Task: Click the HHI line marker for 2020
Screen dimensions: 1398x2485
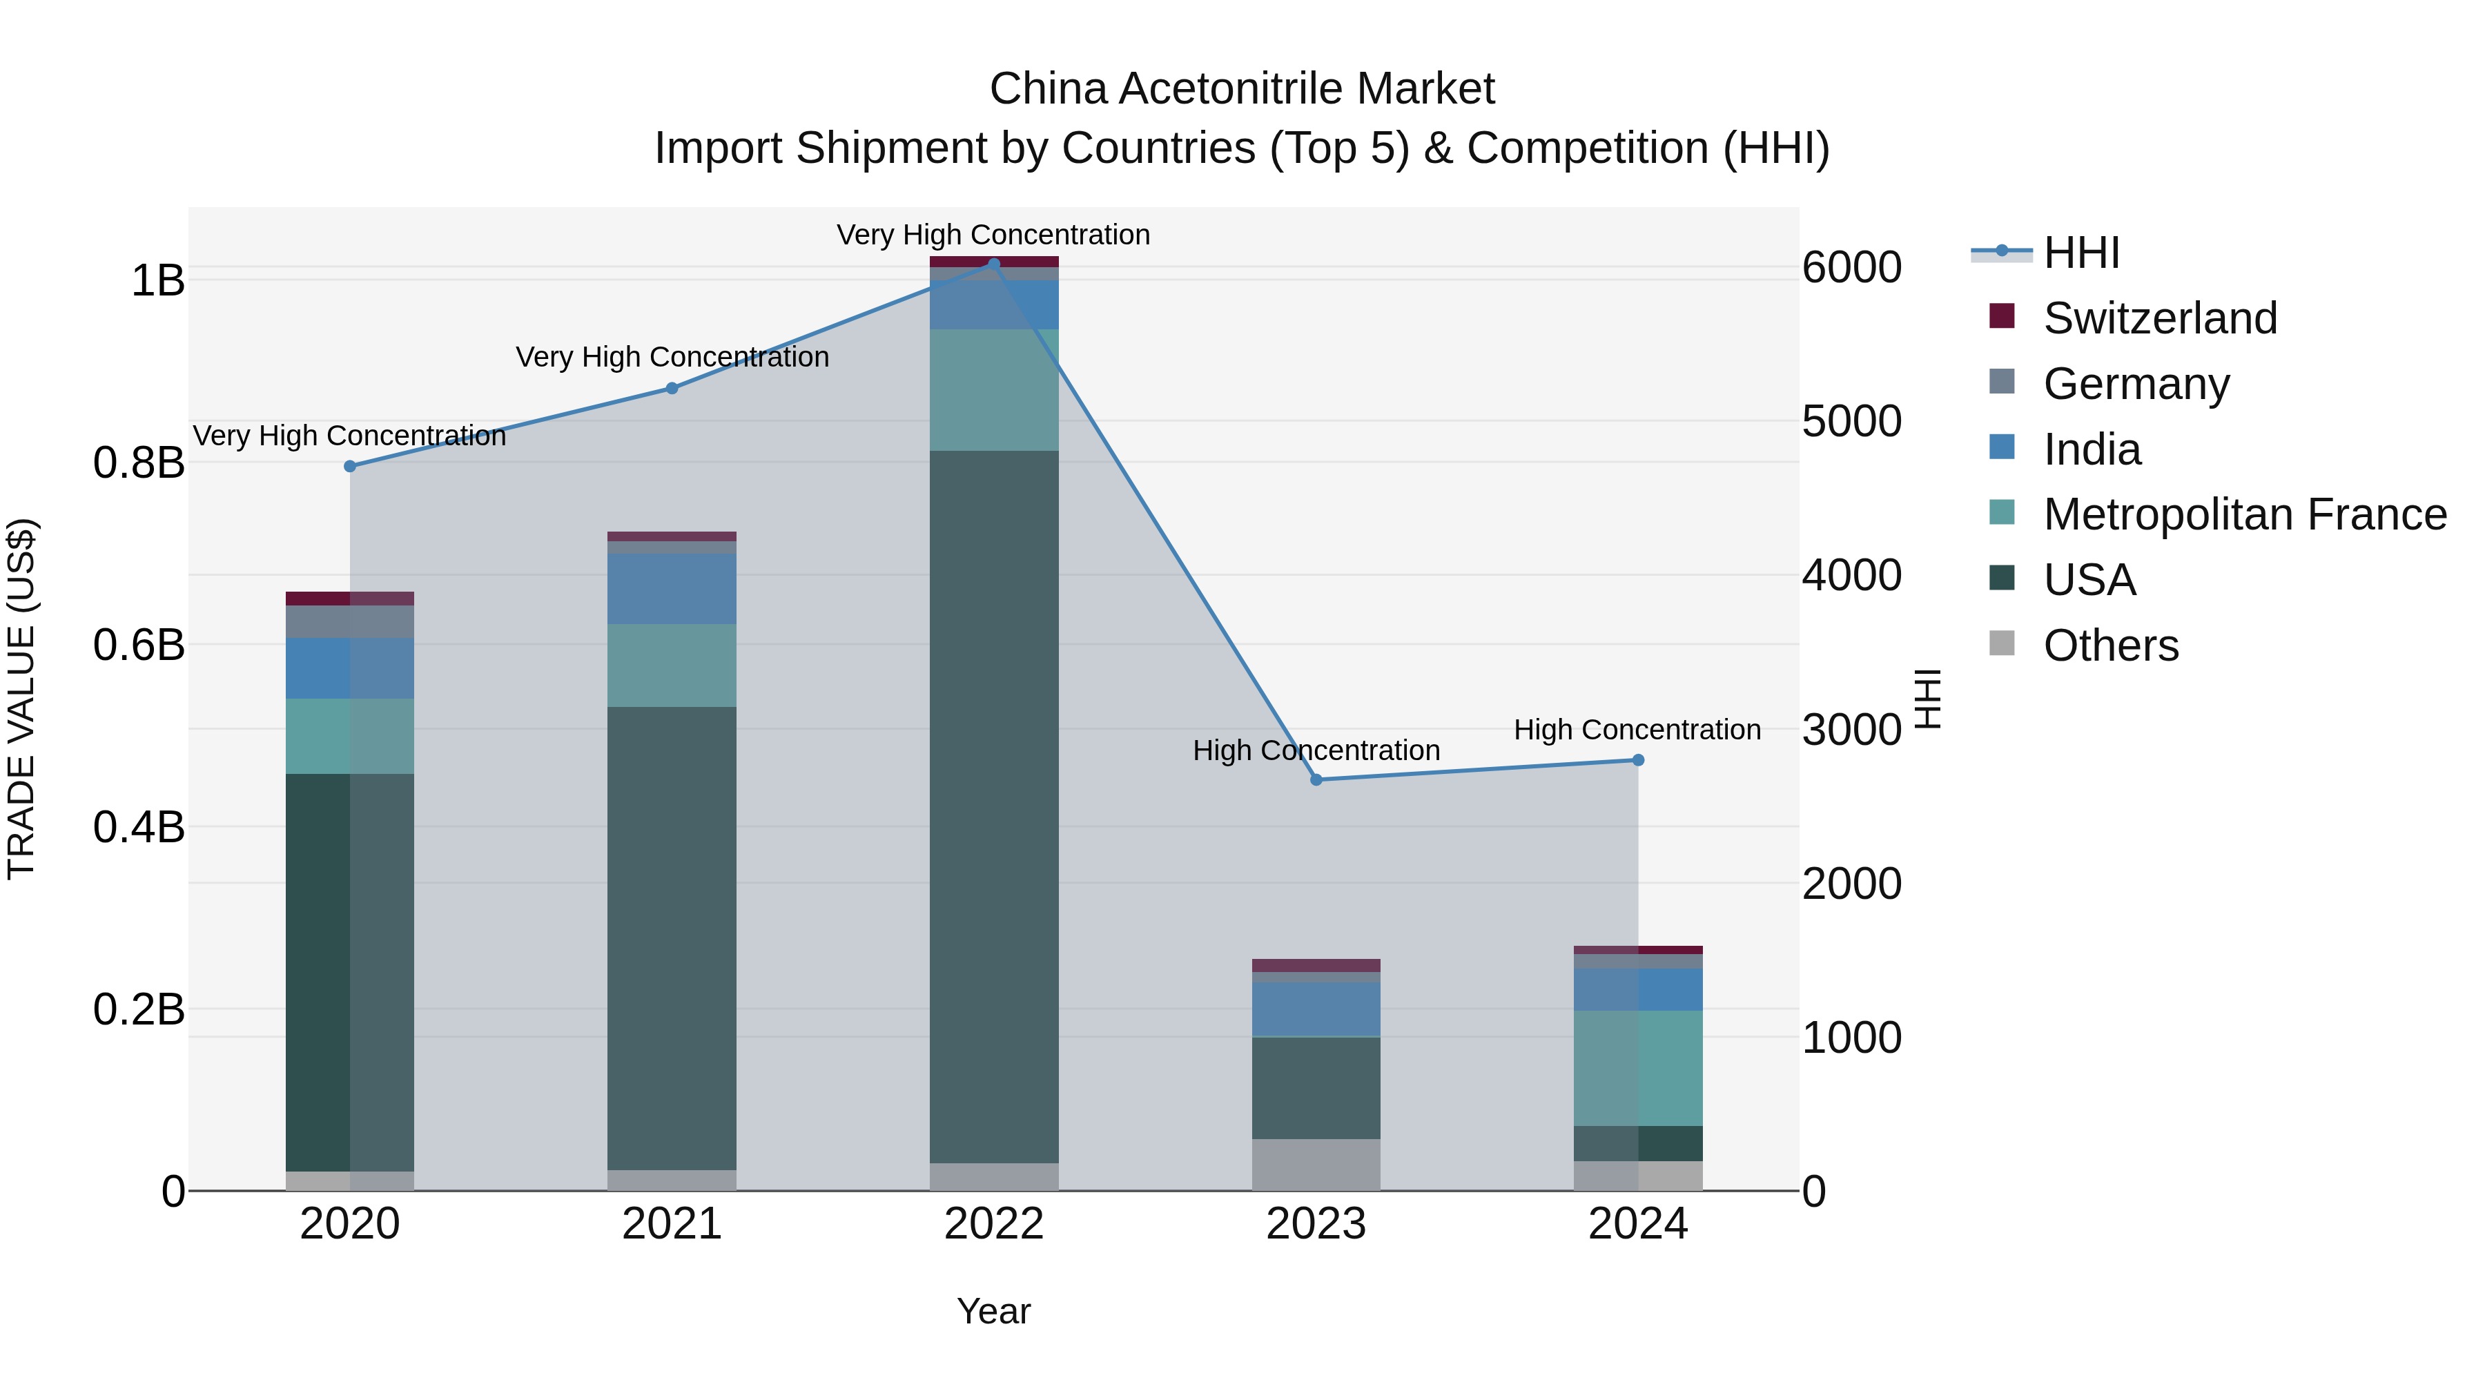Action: (350, 466)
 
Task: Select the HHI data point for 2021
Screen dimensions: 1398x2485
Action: (672, 388)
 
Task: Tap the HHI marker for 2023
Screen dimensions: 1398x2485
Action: (1316, 779)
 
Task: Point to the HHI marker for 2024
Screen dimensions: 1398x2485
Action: (1638, 760)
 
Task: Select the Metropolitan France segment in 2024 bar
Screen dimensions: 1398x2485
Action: (1638, 1068)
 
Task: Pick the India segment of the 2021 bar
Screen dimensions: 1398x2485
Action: (672, 588)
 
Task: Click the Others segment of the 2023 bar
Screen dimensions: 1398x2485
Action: (1316, 1165)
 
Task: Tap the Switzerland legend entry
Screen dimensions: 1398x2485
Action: (2159, 318)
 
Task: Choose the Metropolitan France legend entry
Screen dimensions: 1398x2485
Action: (2244, 514)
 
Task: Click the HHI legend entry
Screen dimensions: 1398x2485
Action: (2080, 253)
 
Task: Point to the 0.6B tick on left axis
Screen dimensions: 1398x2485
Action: (139, 645)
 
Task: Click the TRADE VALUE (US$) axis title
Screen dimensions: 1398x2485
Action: (21, 699)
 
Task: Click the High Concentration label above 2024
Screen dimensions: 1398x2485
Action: (1637, 730)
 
